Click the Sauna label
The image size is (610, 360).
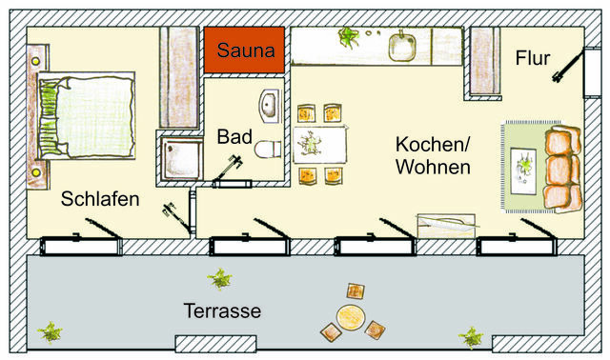click(245, 49)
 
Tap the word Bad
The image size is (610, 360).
click(234, 136)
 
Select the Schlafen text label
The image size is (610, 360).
click(100, 199)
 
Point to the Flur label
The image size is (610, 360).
click(533, 58)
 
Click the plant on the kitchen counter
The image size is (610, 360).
click(348, 38)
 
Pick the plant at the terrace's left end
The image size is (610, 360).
click(50, 333)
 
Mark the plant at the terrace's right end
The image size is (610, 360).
click(469, 337)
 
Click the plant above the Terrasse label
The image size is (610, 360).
click(220, 279)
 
